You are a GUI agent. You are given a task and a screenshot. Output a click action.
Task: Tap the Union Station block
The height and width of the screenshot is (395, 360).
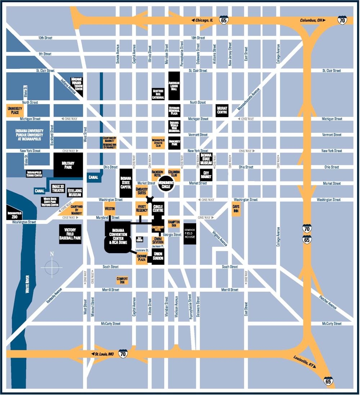158,256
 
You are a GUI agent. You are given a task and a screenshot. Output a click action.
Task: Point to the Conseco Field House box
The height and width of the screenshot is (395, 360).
190,234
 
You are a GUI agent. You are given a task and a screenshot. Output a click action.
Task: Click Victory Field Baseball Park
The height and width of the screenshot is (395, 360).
70,234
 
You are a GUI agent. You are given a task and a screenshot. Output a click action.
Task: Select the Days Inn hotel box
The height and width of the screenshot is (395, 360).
236,208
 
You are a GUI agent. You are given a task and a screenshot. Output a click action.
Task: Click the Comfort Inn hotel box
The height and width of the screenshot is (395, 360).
122,280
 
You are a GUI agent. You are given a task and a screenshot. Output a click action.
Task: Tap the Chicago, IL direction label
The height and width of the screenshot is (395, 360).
204,21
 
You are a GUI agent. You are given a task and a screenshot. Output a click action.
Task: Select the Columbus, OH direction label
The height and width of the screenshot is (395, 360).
311,21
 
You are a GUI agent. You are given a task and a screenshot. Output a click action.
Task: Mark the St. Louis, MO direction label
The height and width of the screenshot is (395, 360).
104,354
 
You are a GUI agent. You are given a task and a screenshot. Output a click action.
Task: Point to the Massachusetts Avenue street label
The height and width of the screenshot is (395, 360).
248,99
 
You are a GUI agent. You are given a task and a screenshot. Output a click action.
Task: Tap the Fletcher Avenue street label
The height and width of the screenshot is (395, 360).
328,302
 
